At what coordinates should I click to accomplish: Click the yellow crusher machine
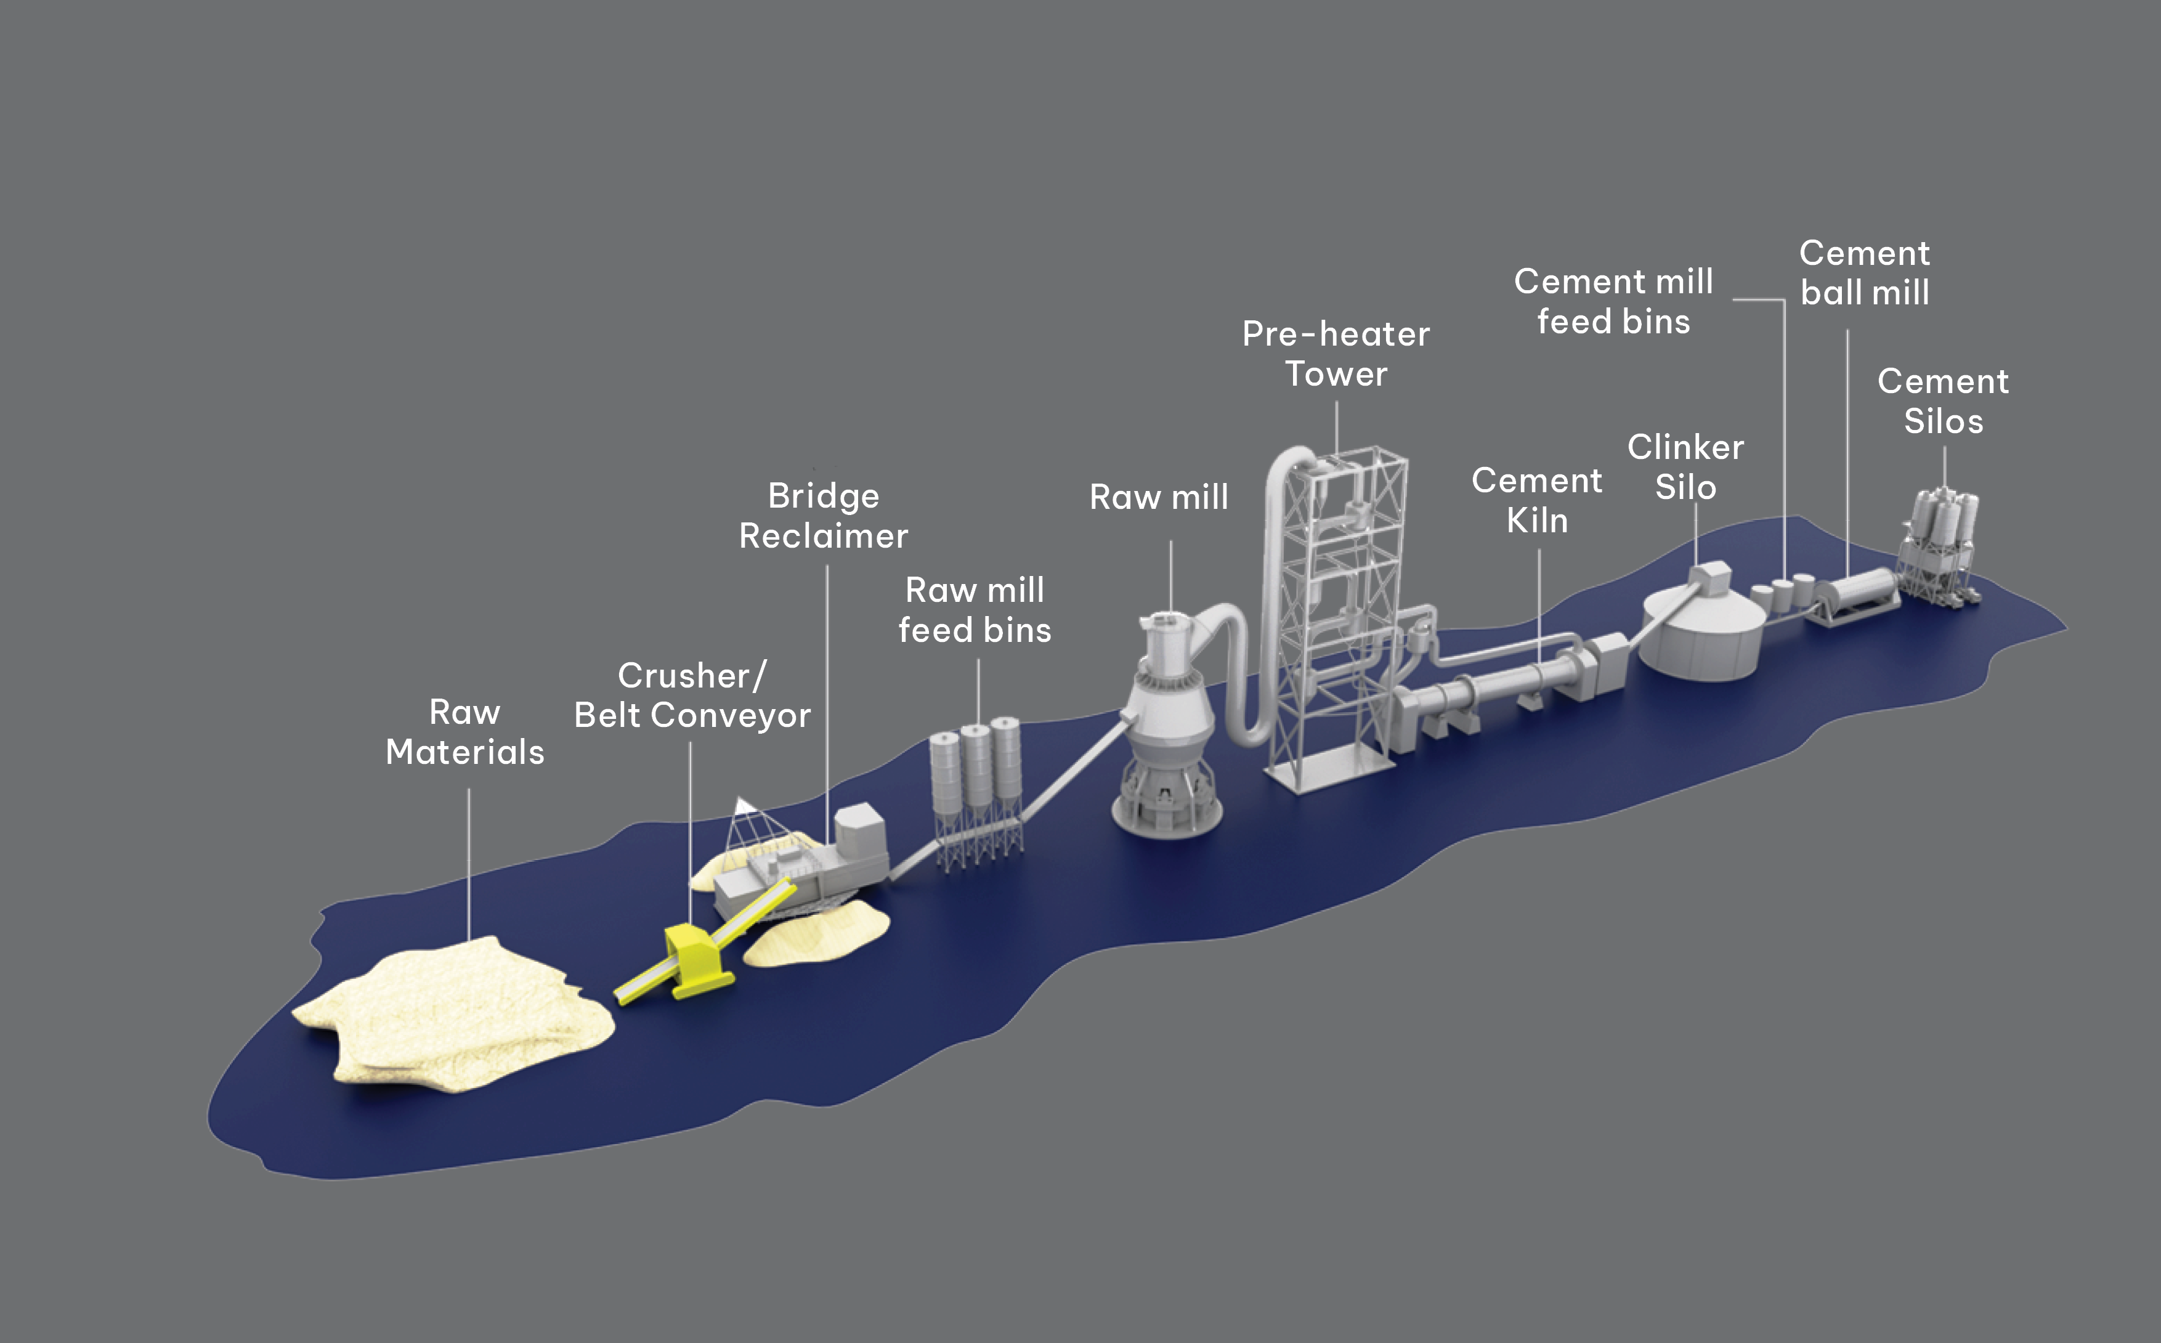698,959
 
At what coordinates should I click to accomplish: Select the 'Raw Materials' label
464,732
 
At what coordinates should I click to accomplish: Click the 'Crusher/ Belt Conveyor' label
692,696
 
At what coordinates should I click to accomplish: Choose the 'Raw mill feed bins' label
975,609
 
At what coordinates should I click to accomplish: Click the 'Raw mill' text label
1159,497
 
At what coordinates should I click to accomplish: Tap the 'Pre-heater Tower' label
1336,354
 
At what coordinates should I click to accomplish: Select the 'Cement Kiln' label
1536,500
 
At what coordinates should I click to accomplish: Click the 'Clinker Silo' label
1685,467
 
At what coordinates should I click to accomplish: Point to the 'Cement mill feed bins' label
1613,301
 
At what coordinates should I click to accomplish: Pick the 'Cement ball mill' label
1864,273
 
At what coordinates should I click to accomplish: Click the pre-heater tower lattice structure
1337,622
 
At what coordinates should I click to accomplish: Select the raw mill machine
1168,728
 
